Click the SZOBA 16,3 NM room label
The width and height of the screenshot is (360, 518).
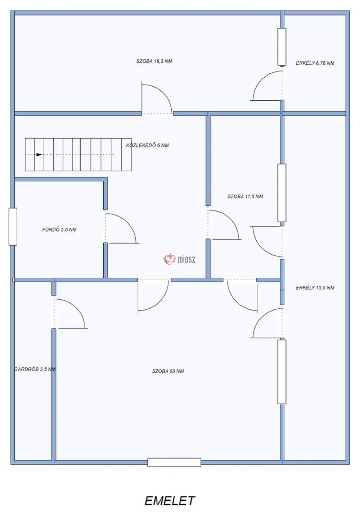click(154, 61)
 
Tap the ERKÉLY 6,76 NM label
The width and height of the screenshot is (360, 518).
click(315, 63)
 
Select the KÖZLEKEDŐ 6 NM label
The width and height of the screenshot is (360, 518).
click(147, 145)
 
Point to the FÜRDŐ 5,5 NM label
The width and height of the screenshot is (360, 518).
click(59, 230)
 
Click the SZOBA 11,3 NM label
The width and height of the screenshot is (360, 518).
click(245, 196)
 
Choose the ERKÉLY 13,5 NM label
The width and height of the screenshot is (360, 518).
click(315, 288)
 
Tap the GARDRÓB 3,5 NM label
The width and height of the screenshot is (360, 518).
click(35, 369)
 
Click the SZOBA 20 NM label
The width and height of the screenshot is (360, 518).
click(168, 371)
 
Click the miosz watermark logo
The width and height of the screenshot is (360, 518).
click(179, 259)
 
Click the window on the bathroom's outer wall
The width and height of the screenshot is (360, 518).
click(13, 226)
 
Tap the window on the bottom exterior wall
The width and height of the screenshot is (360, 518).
click(174, 462)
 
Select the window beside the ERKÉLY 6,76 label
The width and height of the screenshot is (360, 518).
click(282, 47)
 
